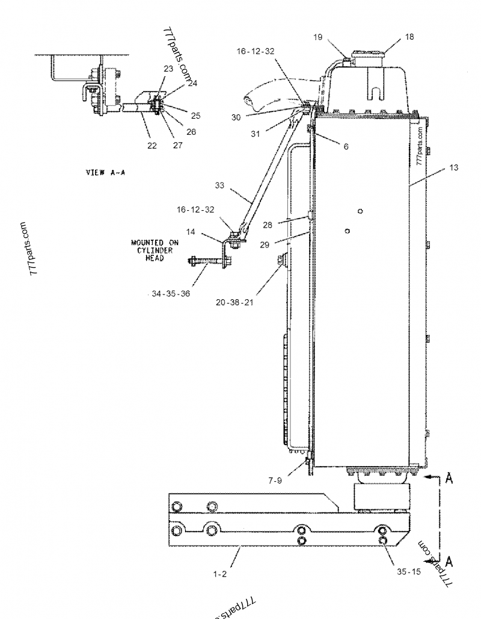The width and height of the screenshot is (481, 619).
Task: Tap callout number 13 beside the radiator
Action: coord(453,167)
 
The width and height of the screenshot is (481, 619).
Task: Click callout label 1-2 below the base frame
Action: coord(220,574)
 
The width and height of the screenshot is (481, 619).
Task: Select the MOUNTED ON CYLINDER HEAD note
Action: coord(154,250)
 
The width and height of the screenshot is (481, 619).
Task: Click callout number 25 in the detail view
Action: coord(195,116)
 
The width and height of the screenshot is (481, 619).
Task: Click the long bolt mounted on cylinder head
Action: coord(205,263)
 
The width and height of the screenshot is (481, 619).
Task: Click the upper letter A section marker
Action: coord(449,479)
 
